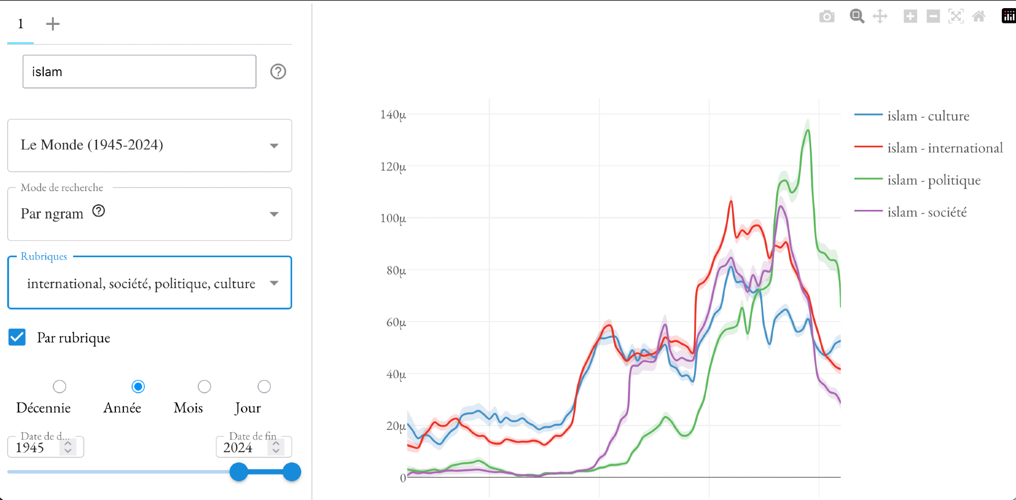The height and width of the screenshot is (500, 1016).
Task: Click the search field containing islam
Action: (x=139, y=72)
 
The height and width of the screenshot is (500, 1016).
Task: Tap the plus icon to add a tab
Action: (x=53, y=24)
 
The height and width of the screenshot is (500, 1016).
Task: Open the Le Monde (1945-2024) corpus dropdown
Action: (x=149, y=145)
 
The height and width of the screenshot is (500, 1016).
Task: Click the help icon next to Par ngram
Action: (x=99, y=211)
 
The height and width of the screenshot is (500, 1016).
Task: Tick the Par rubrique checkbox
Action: (x=17, y=337)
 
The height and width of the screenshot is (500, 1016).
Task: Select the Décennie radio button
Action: (x=59, y=387)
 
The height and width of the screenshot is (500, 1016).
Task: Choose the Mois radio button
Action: (x=204, y=387)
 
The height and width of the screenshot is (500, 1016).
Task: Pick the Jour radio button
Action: (x=264, y=387)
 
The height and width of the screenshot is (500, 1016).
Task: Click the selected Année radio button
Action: (x=138, y=387)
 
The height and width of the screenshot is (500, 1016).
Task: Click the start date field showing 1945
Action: (x=36, y=448)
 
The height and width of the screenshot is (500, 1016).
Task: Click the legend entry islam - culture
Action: (x=928, y=116)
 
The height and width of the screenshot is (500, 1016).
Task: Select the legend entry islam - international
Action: (x=944, y=148)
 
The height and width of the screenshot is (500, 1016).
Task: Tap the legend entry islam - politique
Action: (x=933, y=180)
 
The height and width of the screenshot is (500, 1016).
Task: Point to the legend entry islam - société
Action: (x=927, y=212)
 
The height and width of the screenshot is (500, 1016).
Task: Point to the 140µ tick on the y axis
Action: (x=393, y=115)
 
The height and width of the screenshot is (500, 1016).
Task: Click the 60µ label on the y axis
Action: (x=396, y=322)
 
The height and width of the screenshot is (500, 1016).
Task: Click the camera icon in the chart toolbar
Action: (x=827, y=17)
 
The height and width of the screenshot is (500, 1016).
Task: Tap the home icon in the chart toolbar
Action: (x=978, y=17)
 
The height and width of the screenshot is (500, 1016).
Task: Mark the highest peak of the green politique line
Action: (x=808, y=130)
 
